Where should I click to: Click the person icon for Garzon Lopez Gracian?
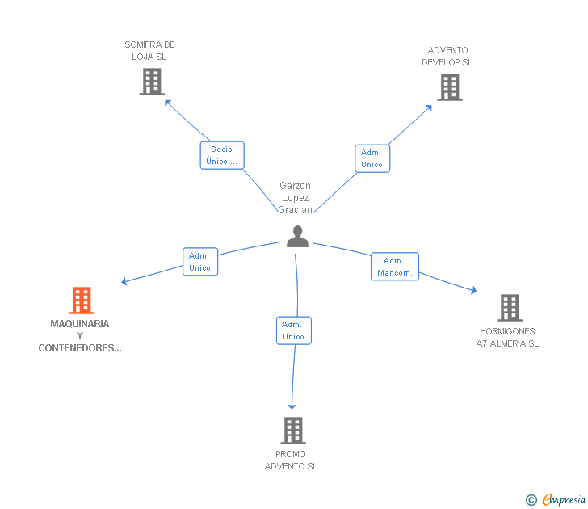point(297,236)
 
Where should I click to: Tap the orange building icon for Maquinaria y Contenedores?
point(82,301)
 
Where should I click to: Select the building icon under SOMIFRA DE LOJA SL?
point(152,82)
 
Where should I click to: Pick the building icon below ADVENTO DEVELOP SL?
point(450,87)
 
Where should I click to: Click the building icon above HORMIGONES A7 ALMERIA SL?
point(510,308)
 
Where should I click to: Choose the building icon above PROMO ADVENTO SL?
point(293,431)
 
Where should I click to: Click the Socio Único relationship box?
point(222,155)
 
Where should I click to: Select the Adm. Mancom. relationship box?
point(395,267)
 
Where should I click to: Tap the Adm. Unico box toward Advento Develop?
point(372,158)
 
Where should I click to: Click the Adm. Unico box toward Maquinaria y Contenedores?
point(200,262)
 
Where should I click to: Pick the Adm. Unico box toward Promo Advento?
point(294,330)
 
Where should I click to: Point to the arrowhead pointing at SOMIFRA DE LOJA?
point(168,103)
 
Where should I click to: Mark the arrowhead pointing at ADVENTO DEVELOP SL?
point(429,108)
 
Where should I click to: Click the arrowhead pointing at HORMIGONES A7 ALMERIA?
point(474,290)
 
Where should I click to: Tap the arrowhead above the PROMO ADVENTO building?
point(292,407)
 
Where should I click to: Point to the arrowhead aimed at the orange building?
point(124,281)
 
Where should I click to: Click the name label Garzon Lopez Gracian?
point(295,198)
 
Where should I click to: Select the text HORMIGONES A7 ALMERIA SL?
point(507,337)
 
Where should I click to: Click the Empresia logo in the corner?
point(556,499)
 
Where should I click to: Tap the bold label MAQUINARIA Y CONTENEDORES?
point(80,336)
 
